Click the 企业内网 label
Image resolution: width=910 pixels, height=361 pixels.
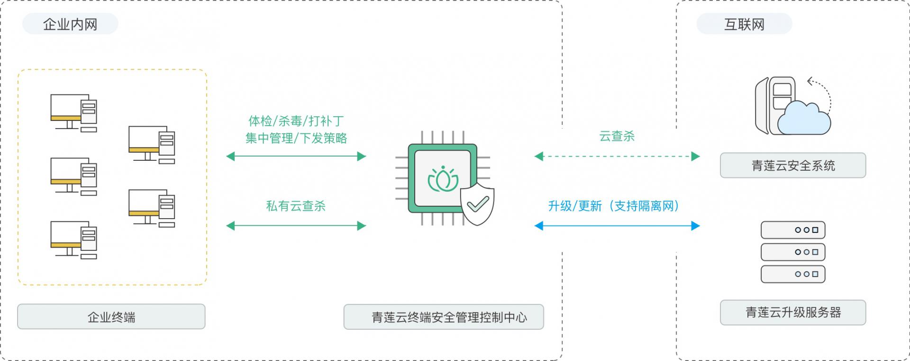coord(70,24)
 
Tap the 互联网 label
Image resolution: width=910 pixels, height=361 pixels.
coord(744,24)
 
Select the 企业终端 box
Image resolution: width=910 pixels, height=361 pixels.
coord(111,317)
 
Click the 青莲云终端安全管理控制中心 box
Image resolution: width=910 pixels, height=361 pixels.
coord(444,317)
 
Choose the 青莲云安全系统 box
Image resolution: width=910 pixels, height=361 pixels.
coord(793,166)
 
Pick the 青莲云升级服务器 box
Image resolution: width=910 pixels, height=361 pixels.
coord(793,312)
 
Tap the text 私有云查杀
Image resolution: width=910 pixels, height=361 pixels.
coord(296,206)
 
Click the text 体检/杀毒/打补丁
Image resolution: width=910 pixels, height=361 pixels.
coord(296,121)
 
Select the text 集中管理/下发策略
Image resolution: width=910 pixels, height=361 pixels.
coord(296,138)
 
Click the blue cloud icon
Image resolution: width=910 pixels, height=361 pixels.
coord(804,119)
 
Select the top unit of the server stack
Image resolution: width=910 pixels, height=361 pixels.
coord(793,230)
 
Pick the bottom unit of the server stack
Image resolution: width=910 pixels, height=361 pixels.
coord(793,274)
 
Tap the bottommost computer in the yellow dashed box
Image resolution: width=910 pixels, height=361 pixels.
coord(73,240)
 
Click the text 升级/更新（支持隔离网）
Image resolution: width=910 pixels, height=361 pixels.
coord(614,206)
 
